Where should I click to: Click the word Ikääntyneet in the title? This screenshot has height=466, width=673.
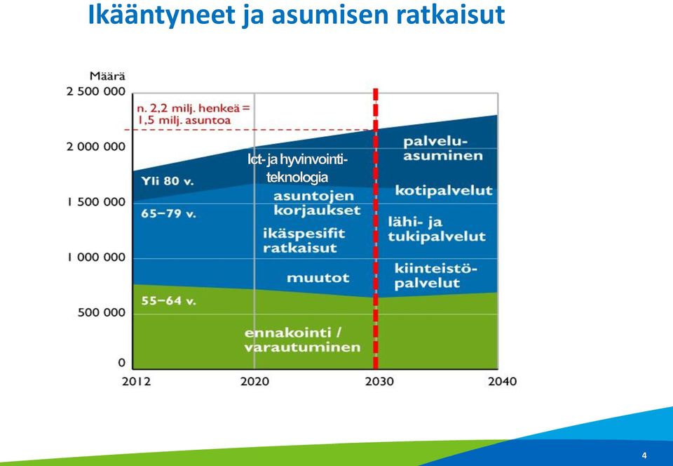click(162, 15)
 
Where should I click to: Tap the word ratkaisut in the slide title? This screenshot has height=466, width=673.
click(450, 15)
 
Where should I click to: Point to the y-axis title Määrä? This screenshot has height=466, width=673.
click(107, 76)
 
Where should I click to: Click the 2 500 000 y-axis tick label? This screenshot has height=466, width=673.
click(96, 91)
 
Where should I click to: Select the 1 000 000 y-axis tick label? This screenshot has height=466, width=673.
click(96, 258)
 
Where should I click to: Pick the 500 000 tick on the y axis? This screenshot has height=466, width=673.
click(102, 313)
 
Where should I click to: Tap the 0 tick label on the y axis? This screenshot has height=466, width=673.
click(122, 363)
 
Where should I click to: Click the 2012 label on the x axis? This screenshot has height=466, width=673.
click(136, 381)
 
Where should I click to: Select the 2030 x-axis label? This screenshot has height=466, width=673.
click(379, 381)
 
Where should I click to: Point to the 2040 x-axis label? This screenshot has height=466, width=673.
click(502, 381)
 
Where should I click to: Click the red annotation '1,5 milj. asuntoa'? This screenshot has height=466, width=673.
click(184, 120)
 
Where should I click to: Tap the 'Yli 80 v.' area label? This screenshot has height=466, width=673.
click(168, 181)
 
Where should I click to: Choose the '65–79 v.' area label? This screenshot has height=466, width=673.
click(168, 213)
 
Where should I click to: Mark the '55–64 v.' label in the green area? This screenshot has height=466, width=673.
click(168, 300)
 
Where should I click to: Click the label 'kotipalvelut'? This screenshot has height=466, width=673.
click(444, 190)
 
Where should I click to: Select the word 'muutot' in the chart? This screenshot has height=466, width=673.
click(318, 278)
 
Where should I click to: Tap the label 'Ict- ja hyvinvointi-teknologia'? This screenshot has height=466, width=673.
click(297, 168)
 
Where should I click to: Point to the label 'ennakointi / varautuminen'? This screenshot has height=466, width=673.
click(302, 340)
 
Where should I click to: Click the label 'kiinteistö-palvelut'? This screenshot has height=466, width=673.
click(435, 277)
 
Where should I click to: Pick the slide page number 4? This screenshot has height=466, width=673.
click(644, 455)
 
